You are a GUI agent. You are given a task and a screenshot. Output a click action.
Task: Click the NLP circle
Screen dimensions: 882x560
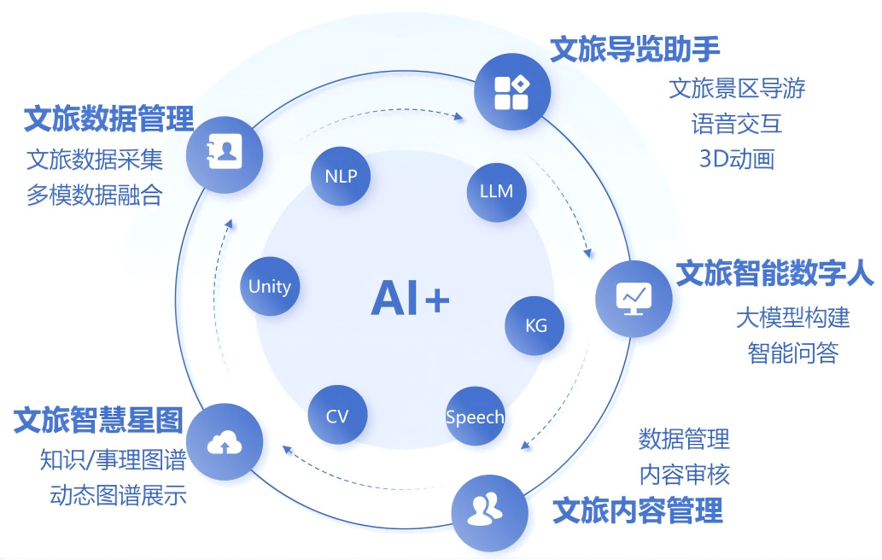pyautogui.click(x=341, y=176)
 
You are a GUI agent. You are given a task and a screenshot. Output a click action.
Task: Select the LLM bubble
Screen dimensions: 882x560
pyautogui.click(x=496, y=192)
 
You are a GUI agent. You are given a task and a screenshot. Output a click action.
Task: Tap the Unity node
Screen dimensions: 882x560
pyautogui.click(x=270, y=286)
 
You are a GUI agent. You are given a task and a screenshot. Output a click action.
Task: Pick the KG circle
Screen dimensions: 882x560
pyautogui.click(x=535, y=325)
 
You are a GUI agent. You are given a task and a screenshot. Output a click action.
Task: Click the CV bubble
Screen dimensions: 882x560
pyautogui.click(x=337, y=415)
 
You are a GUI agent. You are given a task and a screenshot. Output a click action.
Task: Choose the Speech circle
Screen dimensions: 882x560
pyautogui.click(x=475, y=416)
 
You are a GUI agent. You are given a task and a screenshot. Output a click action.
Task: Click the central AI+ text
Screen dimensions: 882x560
pyautogui.click(x=411, y=297)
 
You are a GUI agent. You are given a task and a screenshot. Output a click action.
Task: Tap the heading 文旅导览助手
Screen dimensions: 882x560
pyautogui.click(x=634, y=50)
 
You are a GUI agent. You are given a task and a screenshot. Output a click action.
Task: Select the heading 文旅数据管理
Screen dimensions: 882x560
pyautogui.click(x=108, y=119)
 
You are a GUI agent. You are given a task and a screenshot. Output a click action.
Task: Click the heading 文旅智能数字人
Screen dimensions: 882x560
pyautogui.click(x=774, y=274)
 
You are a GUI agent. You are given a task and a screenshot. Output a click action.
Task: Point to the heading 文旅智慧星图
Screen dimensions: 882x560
pyautogui.click(x=98, y=421)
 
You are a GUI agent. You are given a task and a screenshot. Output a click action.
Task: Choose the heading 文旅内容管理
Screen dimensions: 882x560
pyautogui.click(x=638, y=510)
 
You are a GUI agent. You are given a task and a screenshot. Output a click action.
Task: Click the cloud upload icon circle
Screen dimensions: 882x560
pyautogui.click(x=225, y=441)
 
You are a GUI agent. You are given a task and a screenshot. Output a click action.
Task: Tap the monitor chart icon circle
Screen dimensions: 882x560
pyautogui.click(x=634, y=299)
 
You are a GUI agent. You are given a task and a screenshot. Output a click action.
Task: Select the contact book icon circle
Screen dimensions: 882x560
pyautogui.click(x=225, y=155)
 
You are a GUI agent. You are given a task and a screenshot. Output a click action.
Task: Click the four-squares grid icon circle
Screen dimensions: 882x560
pyautogui.click(x=512, y=91)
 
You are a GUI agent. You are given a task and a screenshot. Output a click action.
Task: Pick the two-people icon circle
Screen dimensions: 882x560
pyautogui.click(x=490, y=512)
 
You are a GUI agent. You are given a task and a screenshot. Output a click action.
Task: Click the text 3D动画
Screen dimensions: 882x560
pyautogui.click(x=737, y=159)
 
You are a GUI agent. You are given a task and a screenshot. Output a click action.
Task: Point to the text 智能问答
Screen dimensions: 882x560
pyautogui.click(x=792, y=353)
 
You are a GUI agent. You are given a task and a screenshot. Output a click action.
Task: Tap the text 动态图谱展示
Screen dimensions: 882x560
pyautogui.click(x=118, y=495)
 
